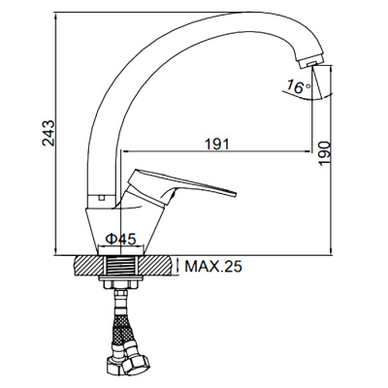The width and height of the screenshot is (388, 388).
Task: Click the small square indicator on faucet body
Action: pyautogui.click(x=100, y=198)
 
